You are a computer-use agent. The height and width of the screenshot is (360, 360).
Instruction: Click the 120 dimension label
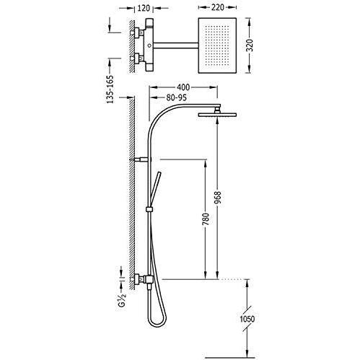coord(144,8)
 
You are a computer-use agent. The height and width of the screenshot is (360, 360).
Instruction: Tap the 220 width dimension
coord(217,7)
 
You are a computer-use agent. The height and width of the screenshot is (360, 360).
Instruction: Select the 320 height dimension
coord(250,45)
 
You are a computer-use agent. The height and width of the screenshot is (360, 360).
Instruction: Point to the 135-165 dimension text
coord(110,89)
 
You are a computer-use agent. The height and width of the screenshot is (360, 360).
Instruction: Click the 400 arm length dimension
coord(183,87)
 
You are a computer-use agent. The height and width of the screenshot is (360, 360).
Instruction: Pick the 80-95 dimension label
coord(176,97)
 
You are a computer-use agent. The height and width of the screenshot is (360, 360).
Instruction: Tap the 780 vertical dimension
coord(206,219)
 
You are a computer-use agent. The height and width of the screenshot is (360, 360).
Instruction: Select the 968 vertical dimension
coord(218,198)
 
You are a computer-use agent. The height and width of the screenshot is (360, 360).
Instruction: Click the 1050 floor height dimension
coord(247,319)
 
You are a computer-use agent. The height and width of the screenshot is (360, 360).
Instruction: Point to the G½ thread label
coord(122,299)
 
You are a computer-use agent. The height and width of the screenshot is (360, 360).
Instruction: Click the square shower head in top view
coord(217,45)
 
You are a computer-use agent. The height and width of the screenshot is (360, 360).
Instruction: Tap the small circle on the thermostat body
coord(149,45)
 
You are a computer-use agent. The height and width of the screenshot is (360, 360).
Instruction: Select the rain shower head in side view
coord(217,115)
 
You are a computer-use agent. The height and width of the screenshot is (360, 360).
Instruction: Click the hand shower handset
coord(154,189)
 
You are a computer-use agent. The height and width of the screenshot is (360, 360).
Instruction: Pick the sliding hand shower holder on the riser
coord(149,210)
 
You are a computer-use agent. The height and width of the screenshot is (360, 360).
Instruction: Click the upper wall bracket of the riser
coord(141,159)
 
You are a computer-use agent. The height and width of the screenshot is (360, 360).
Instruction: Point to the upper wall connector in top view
coord(137,32)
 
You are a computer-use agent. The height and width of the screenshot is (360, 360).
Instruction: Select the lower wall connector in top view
coord(137,58)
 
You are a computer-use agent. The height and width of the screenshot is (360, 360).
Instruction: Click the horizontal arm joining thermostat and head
coord(176,45)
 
